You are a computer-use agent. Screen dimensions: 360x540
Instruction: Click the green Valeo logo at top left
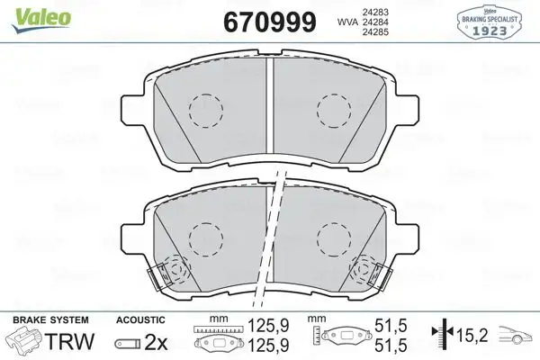point(31,12)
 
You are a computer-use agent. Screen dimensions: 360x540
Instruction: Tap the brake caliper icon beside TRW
point(25,341)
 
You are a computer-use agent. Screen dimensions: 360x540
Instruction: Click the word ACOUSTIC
point(141,320)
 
